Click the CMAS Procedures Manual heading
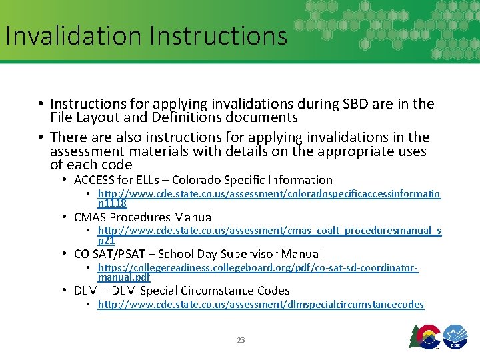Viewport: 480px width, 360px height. pos(144,217)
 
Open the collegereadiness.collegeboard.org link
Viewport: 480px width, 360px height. pos(257,268)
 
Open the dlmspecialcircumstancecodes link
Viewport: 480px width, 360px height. pos(261,305)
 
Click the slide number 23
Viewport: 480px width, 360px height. pos(241,340)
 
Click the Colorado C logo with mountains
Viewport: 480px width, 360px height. pos(426,337)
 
